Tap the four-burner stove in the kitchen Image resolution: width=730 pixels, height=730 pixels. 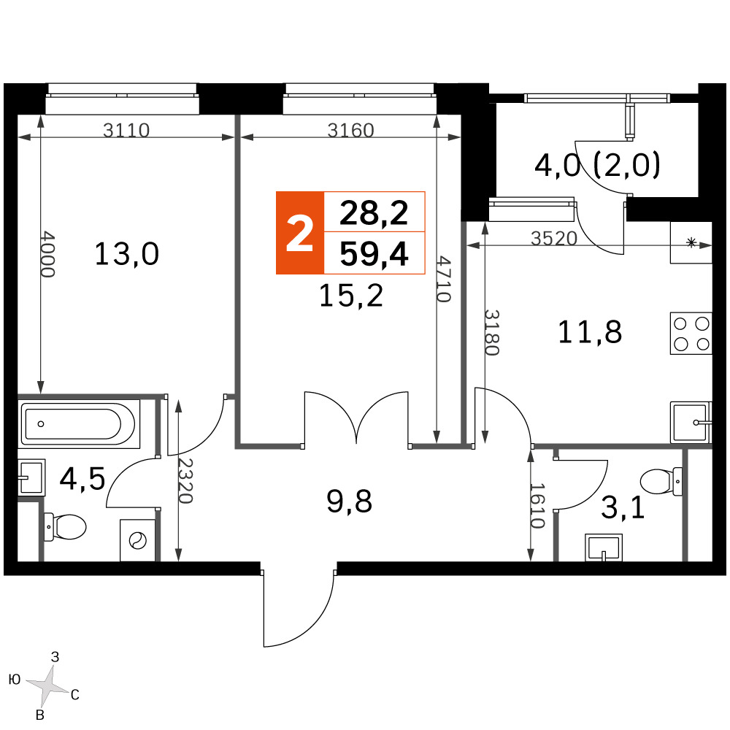tap(691, 334)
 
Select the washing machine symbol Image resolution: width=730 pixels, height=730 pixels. tap(138, 540)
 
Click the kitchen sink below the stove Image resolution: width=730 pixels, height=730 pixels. tap(691, 422)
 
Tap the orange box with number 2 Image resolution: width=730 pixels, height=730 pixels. tap(300, 233)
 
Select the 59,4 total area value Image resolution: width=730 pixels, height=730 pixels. tap(374, 254)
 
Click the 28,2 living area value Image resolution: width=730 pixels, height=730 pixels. tap(374, 212)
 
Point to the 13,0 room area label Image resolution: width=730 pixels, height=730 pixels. tap(126, 254)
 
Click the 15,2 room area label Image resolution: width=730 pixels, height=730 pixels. tap(351, 295)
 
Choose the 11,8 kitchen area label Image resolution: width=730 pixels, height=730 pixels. tap(590, 332)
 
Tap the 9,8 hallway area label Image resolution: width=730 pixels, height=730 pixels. tap(349, 502)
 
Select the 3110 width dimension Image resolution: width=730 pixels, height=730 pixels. tap(126, 131)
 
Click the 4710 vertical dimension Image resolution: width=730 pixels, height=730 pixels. tap(443, 279)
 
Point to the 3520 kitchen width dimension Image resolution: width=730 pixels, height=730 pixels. tap(554, 239)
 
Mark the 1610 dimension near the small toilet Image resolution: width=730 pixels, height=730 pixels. tap(537, 506)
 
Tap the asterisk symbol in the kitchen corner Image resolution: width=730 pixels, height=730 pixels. tap(691, 242)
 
